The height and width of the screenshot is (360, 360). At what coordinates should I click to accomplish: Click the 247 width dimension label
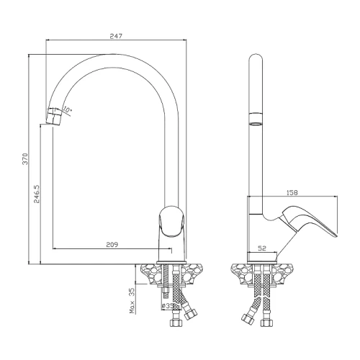116,36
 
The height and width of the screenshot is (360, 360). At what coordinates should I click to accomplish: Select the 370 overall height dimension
25,159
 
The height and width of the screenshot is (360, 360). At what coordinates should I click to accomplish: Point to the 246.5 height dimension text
37,194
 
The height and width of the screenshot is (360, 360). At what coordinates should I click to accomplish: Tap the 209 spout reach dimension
112,245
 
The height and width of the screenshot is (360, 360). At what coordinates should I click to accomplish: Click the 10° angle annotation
67,110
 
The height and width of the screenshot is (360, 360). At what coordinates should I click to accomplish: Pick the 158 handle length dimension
292,192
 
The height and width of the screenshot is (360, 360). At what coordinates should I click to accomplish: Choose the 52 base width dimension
262,248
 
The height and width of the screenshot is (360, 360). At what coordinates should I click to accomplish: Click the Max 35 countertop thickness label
132,301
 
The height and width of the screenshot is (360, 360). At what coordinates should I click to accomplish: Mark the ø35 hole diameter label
168,306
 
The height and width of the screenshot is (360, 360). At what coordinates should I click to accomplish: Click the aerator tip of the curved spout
53,117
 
